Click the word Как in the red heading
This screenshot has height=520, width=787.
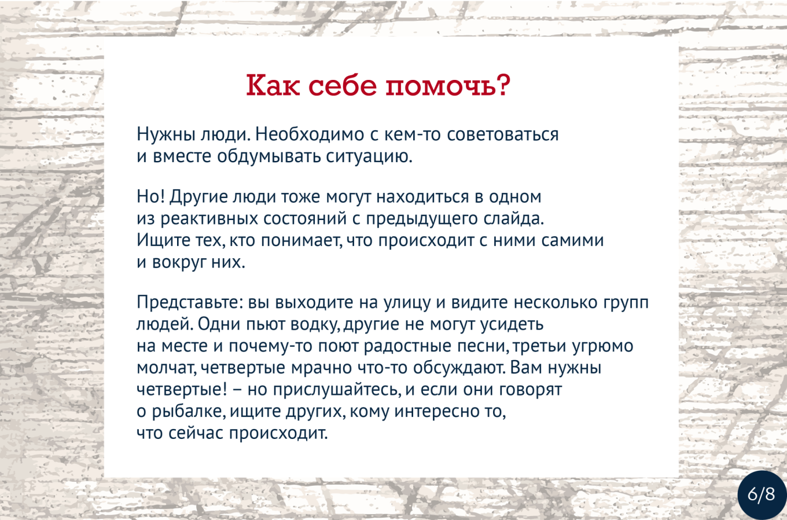(273, 85)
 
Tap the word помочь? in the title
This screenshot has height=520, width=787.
(448, 85)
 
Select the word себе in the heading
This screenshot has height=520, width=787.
(343, 85)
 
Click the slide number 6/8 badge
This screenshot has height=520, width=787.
(761, 495)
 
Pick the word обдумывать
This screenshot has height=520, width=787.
(269, 156)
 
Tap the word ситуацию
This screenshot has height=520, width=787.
(369, 156)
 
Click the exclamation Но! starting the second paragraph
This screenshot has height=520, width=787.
(150, 196)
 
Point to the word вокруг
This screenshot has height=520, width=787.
(179, 262)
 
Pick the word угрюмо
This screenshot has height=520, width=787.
(603, 346)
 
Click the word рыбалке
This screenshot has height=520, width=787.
(189, 411)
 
